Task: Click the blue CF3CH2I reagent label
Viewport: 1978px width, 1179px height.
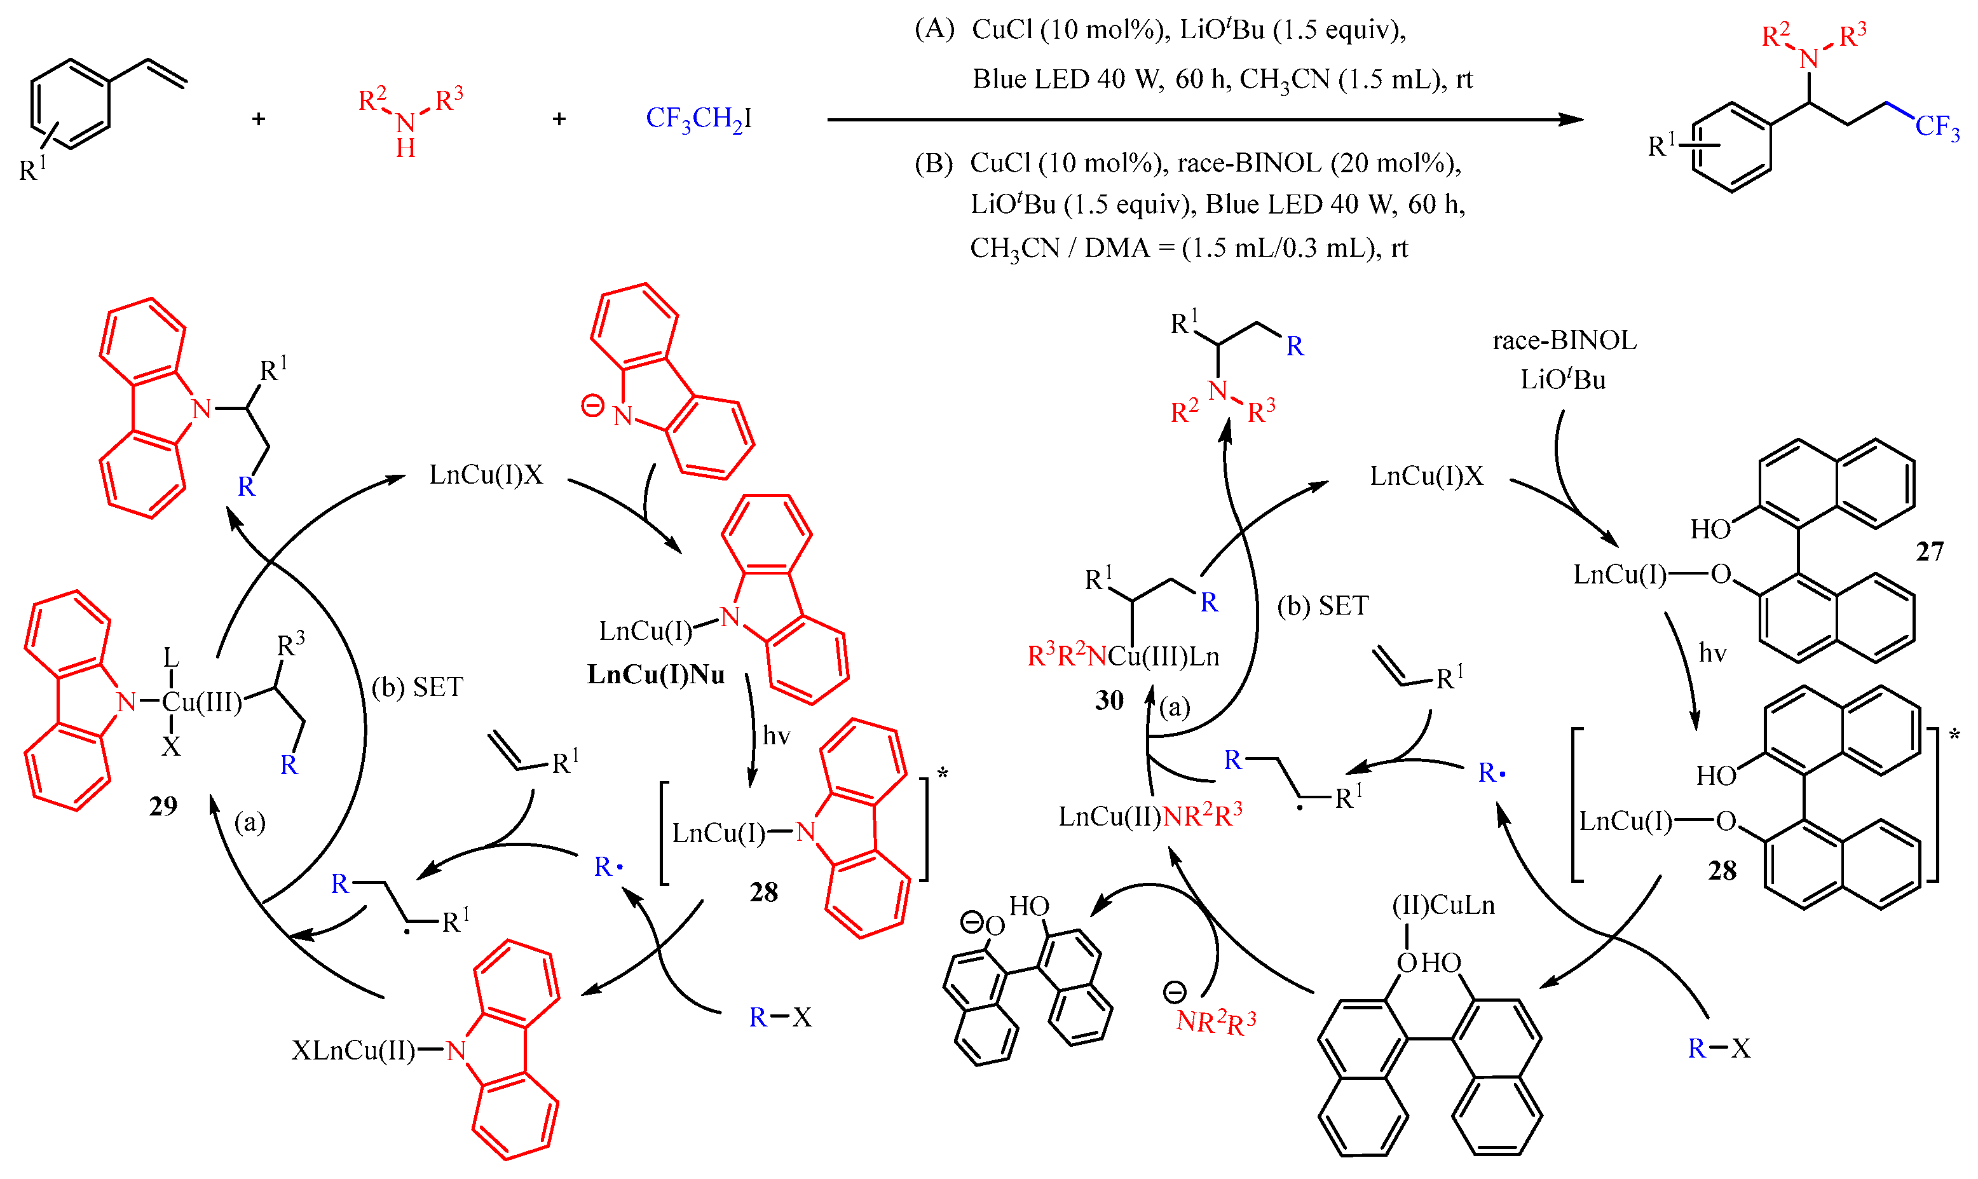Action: (699, 119)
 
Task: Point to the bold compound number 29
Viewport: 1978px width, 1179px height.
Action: (163, 807)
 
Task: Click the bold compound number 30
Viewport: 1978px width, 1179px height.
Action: (1109, 700)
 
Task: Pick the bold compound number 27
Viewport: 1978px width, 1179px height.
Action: (1930, 552)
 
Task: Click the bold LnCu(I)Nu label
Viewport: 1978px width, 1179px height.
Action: (656, 674)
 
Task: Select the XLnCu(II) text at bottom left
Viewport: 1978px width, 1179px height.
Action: (353, 1051)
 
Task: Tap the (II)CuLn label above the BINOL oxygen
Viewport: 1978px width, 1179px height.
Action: (1444, 905)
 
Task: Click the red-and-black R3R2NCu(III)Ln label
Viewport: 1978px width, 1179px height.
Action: (1123, 656)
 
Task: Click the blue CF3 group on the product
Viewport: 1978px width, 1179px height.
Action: (1937, 127)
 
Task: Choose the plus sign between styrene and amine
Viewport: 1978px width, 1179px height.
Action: (258, 119)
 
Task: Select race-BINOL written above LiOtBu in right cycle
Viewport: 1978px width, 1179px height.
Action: (1564, 340)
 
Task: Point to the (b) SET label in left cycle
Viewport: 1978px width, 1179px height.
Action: (417, 687)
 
